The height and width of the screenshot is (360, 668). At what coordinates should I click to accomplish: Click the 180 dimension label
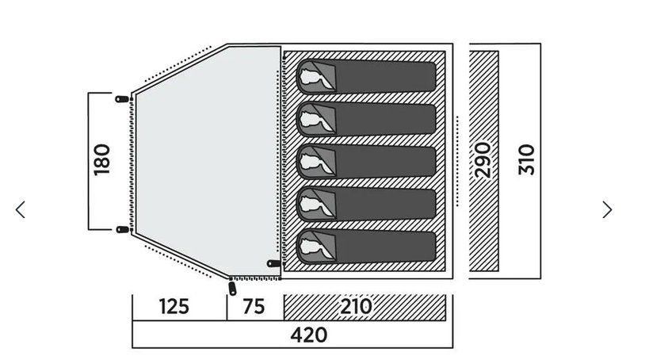[101, 160]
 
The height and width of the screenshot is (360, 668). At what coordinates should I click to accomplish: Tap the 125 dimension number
[174, 307]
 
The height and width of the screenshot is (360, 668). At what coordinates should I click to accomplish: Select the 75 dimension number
[254, 307]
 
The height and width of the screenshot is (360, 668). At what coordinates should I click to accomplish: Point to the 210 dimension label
[356, 306]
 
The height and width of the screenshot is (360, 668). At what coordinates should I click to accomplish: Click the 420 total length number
[309, 335]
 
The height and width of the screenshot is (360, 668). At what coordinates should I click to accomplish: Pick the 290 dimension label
[483, 160]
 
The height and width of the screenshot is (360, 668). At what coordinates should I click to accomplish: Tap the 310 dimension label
[527, 160]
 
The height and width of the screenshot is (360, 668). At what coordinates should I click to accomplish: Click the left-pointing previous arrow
[20, 209]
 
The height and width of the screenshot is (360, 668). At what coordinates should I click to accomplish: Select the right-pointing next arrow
[607, 209]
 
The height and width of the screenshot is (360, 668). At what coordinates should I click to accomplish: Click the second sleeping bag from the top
[366, 119]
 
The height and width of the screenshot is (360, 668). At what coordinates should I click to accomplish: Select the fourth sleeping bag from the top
[366, 205]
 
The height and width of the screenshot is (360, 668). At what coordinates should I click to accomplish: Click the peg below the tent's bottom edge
[232, 288]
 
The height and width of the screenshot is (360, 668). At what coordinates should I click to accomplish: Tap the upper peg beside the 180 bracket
[122, 99]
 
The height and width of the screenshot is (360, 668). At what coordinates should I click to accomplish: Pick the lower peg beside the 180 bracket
[123, 229]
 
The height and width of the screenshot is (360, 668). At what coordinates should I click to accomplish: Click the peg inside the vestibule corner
[274, 263]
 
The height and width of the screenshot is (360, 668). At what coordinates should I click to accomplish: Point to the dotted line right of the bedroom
[457, 161]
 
